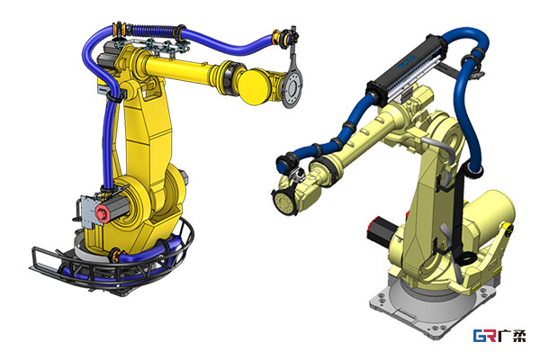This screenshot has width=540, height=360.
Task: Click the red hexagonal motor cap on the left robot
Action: point(103,213)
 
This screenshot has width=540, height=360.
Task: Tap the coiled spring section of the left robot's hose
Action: point(152,31)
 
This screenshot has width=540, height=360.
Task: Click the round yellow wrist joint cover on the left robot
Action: point(256,86)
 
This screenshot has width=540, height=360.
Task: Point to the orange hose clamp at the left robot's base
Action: point(114,256)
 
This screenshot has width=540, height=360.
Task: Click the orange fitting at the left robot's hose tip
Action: point(276,37)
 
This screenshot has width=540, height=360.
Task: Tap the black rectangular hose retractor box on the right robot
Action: point(407,70)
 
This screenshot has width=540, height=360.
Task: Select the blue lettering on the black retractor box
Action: point(407,62)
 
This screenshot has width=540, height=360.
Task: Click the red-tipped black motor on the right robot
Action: point(382,230)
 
